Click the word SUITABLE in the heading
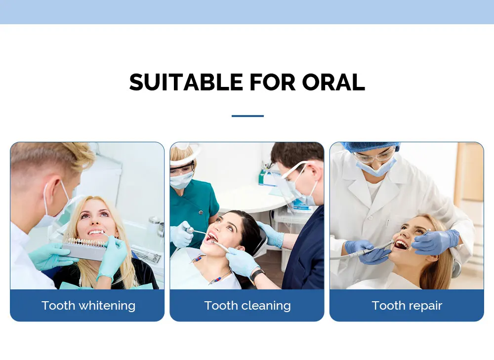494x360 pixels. [x=186, y=82]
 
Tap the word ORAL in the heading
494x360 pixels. [x=333, y=82]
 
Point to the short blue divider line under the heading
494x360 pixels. [x=247, y=116]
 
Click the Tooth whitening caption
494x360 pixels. [x=88, y=306]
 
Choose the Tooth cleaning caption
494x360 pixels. [x=247, y=306]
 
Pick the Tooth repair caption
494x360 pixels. [x=407, y=306]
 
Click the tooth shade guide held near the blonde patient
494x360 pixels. [x=85, y=249]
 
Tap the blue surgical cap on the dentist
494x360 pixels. [x=370, y=147]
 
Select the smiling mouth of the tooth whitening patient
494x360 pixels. [x=96, y=233]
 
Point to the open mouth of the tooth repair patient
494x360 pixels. [x=401, y=244]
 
